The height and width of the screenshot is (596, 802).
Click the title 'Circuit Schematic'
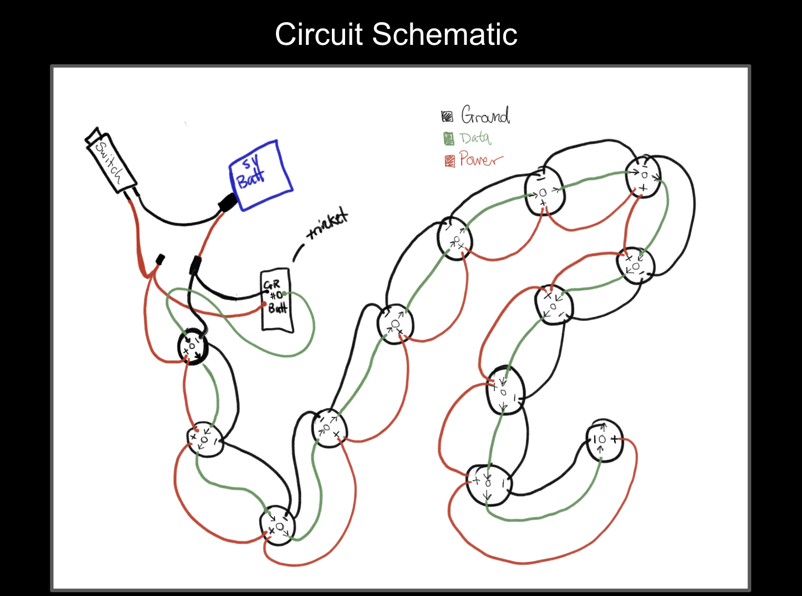396,35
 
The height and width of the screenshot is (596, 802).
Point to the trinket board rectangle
276,300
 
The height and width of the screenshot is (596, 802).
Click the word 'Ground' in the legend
485,115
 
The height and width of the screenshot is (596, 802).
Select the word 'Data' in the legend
475,138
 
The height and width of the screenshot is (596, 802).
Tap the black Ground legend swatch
447,116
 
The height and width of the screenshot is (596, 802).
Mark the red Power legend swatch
450,160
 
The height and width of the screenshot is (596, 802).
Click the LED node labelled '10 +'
605,441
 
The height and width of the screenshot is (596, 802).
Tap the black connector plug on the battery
228,202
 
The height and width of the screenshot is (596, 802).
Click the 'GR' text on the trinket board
272,285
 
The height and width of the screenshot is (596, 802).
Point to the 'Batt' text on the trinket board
278,308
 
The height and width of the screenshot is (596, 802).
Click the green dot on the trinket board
285,294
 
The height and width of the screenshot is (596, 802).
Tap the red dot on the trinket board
265,305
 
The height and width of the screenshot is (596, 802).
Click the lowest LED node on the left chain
278,525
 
